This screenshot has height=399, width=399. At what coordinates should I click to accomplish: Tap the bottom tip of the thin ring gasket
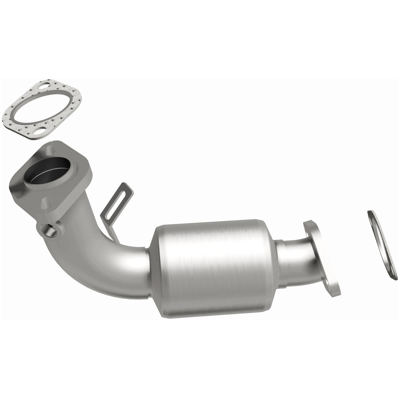point(394,278)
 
